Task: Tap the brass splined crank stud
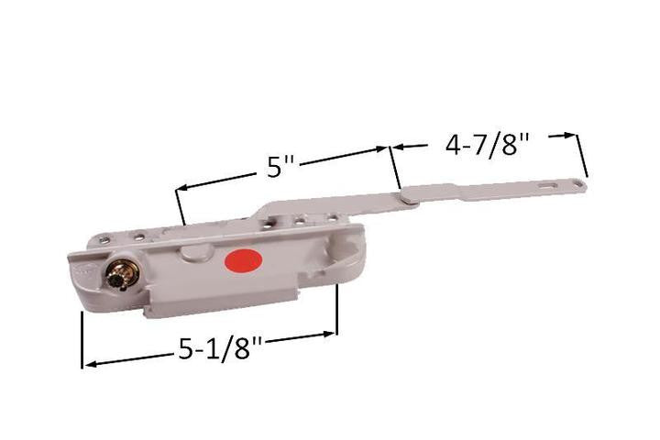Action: click(118, 275)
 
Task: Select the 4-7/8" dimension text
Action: click(494, 145)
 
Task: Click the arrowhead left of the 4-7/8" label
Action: click(401, 145)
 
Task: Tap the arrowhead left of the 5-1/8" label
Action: click(89, 365)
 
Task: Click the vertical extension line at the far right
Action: click(582, 155)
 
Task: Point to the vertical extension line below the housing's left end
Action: click(82, 340)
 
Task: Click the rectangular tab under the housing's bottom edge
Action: click(266, 296)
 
